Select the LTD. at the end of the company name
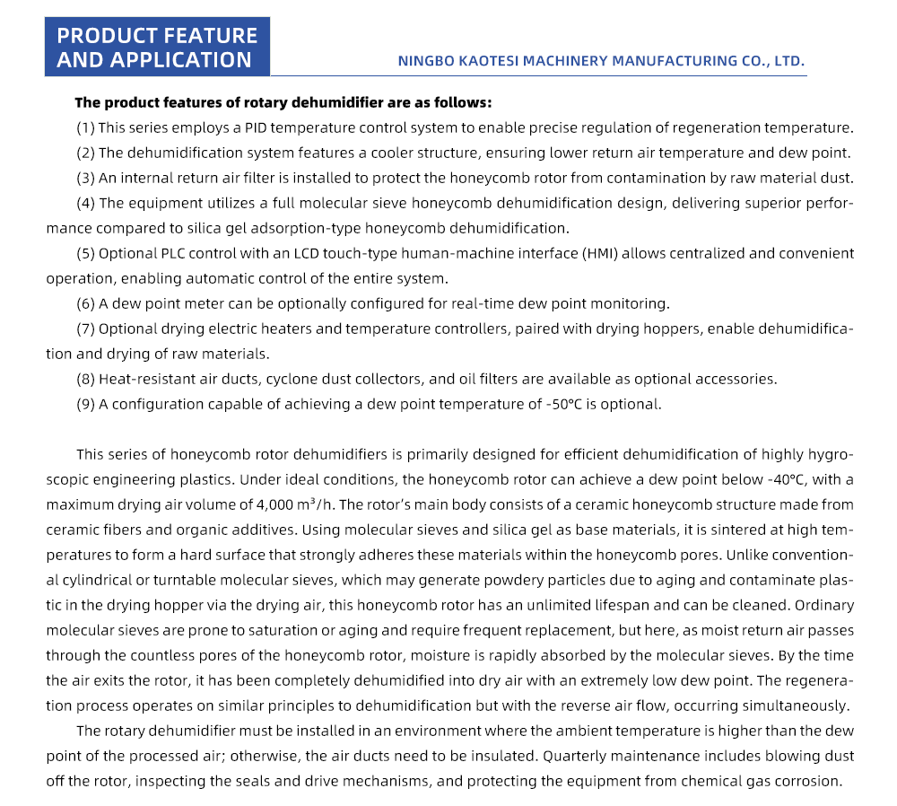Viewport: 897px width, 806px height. pos(787,61)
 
